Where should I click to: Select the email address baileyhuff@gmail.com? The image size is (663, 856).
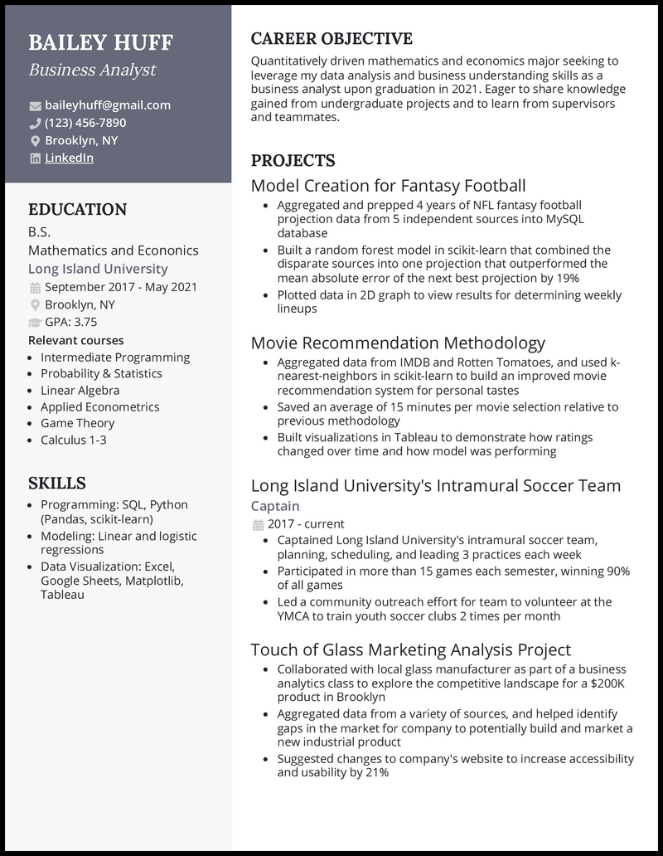pos(108,105)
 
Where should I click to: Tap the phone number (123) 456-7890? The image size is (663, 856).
pos(85,123)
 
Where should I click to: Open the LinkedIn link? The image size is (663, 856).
pos(69,158)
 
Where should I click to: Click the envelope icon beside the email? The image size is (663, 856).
pos(35,106)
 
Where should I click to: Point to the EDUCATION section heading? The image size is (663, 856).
pos(77,210)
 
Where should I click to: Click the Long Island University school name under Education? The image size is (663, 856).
pos(98,269)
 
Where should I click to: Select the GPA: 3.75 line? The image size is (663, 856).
pos(70,322)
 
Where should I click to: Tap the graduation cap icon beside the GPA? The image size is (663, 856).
pos(35,323)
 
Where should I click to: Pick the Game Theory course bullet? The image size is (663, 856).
pos(77,423)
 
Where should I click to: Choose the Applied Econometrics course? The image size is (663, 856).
pos(99,406)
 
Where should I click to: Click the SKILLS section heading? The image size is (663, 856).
pos(57,483)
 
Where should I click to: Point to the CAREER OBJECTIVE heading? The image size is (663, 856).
pos(331,39)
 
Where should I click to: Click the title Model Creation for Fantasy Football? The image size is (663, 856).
pos(388,186)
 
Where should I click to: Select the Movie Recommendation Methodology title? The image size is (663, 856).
pos(398,343)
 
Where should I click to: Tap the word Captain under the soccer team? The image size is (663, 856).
pos(275,506)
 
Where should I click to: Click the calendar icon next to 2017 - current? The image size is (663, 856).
pos(257,525)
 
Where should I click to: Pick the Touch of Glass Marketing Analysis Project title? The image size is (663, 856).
pos(411,650)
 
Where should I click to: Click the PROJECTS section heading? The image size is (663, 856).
pos(293,161)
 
